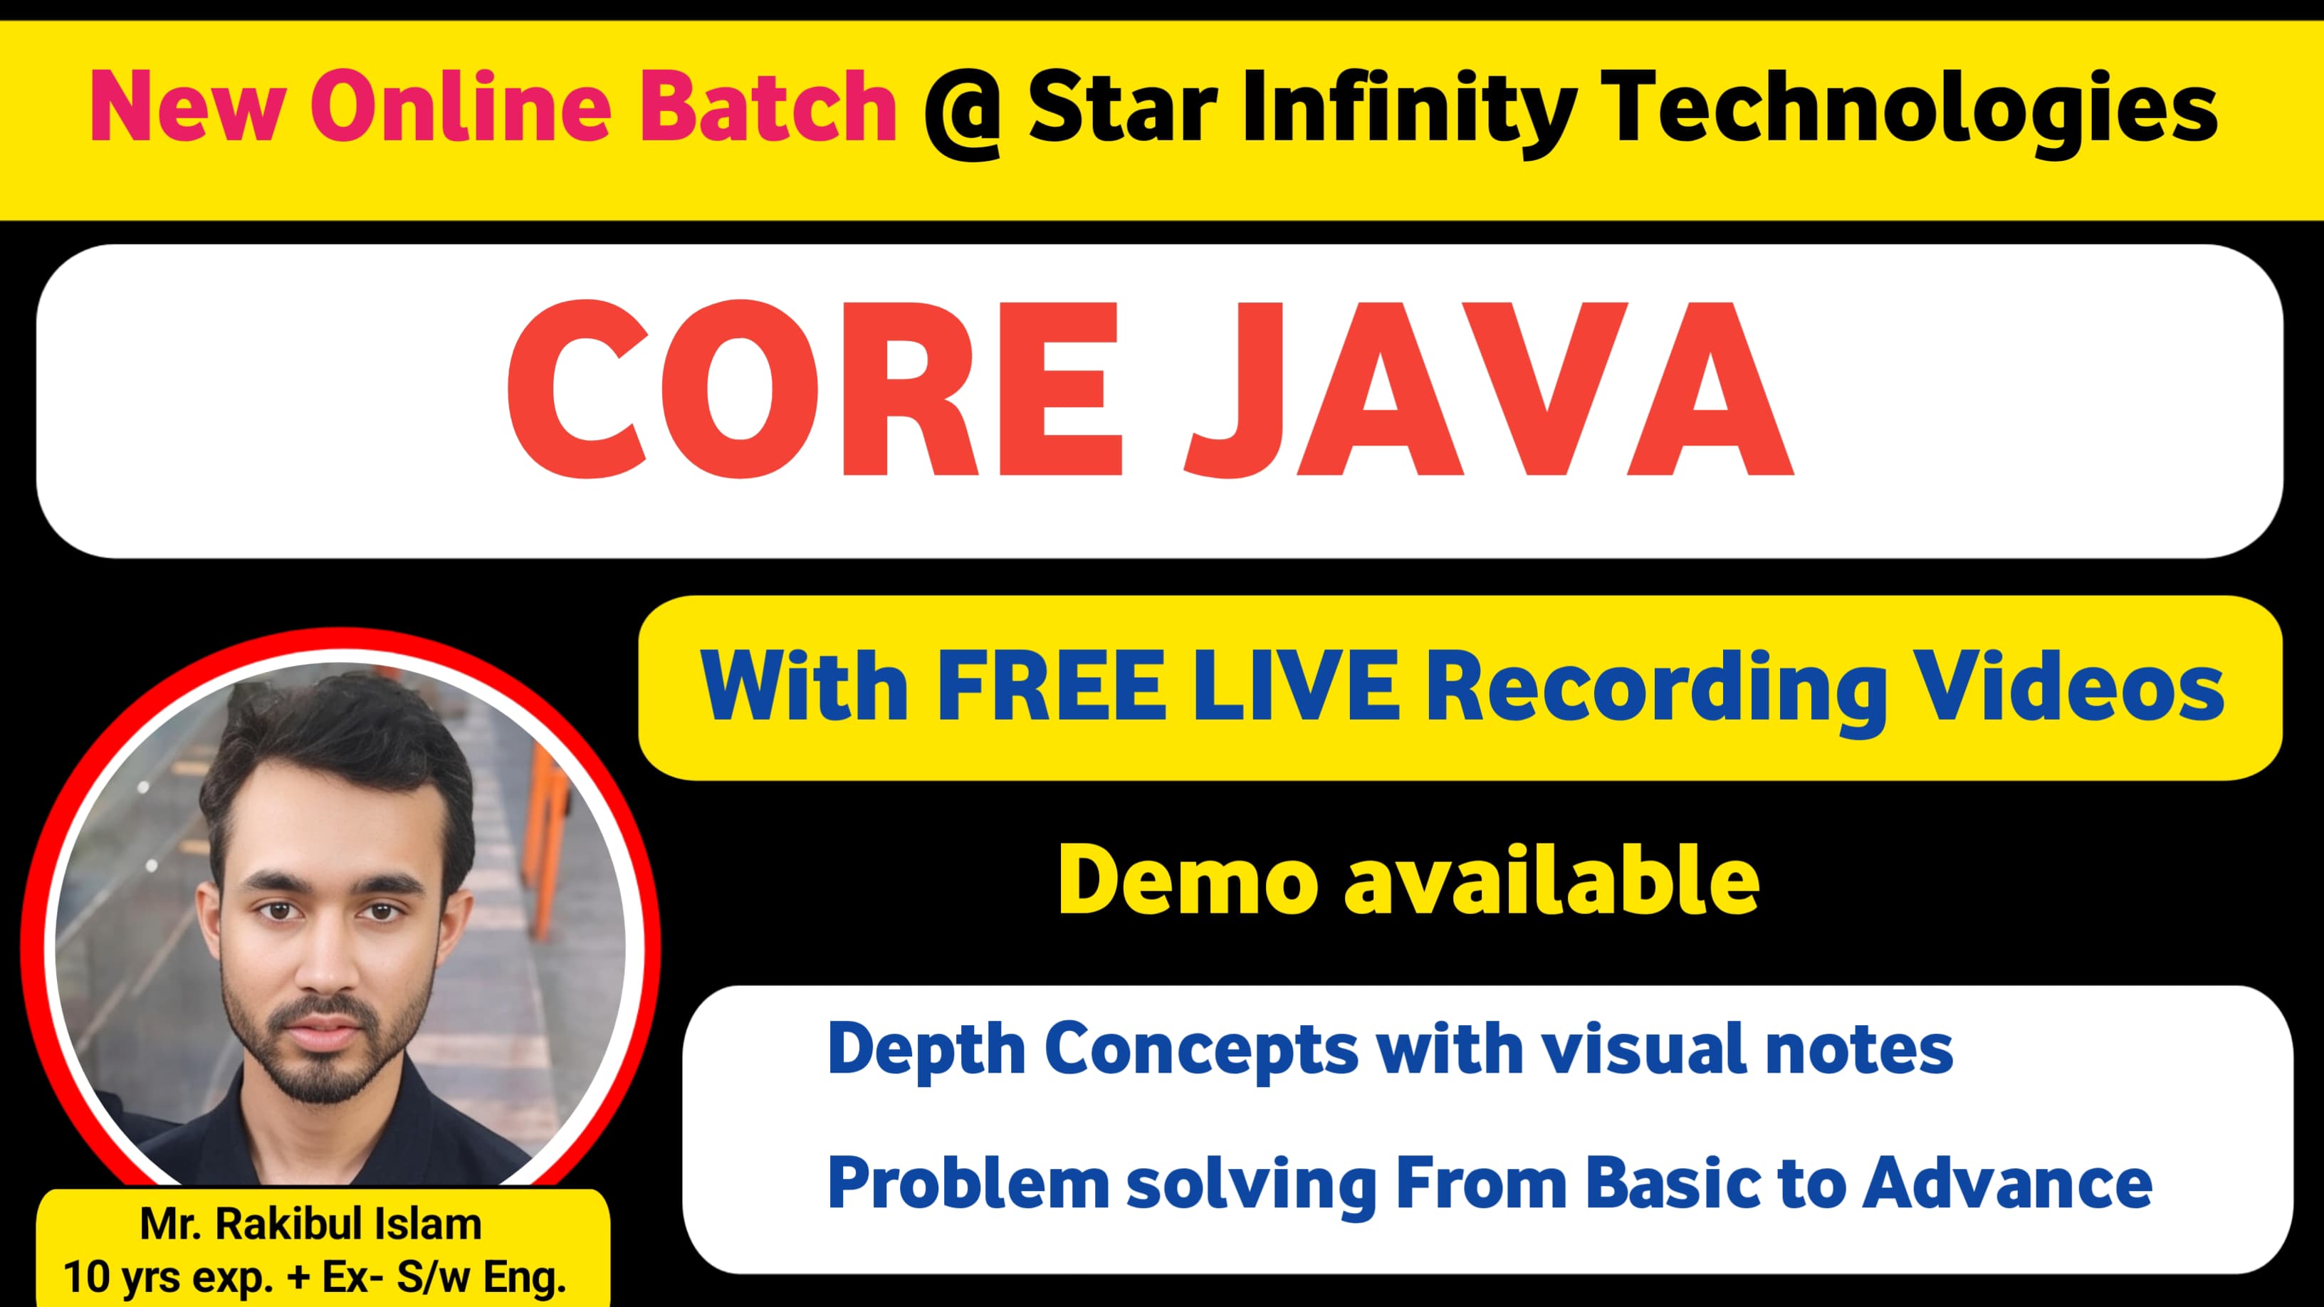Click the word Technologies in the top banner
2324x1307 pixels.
[1913, 108]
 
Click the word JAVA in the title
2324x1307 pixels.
[1489, 389]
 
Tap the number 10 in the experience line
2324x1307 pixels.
[85, 1276]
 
